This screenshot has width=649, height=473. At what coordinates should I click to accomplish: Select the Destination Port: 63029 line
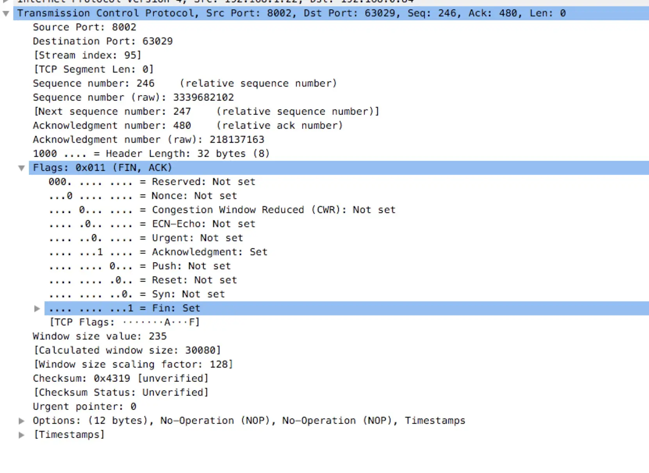tap(103, 41)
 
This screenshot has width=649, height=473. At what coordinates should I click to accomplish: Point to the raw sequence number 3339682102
tap(203, 98)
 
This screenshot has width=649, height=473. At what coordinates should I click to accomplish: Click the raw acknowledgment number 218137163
tap(237, 140)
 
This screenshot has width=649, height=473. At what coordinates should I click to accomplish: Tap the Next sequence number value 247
tap(182, 112)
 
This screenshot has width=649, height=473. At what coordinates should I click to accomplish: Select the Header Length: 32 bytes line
tap(151, 154)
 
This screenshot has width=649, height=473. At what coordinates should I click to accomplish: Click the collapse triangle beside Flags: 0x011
tap(21, 168)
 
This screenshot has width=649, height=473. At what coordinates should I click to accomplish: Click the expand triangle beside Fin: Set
tap(37, 309)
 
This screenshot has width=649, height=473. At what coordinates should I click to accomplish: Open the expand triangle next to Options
tap(22, 421)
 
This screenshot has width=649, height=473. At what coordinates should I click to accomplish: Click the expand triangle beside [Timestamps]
tap(22, 435)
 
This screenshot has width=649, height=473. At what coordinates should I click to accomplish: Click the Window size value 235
tap(157, 336)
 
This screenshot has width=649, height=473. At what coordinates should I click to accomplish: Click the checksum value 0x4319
tap(112, 379)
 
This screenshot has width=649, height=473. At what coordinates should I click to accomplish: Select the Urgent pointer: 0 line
tap(84, 407)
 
